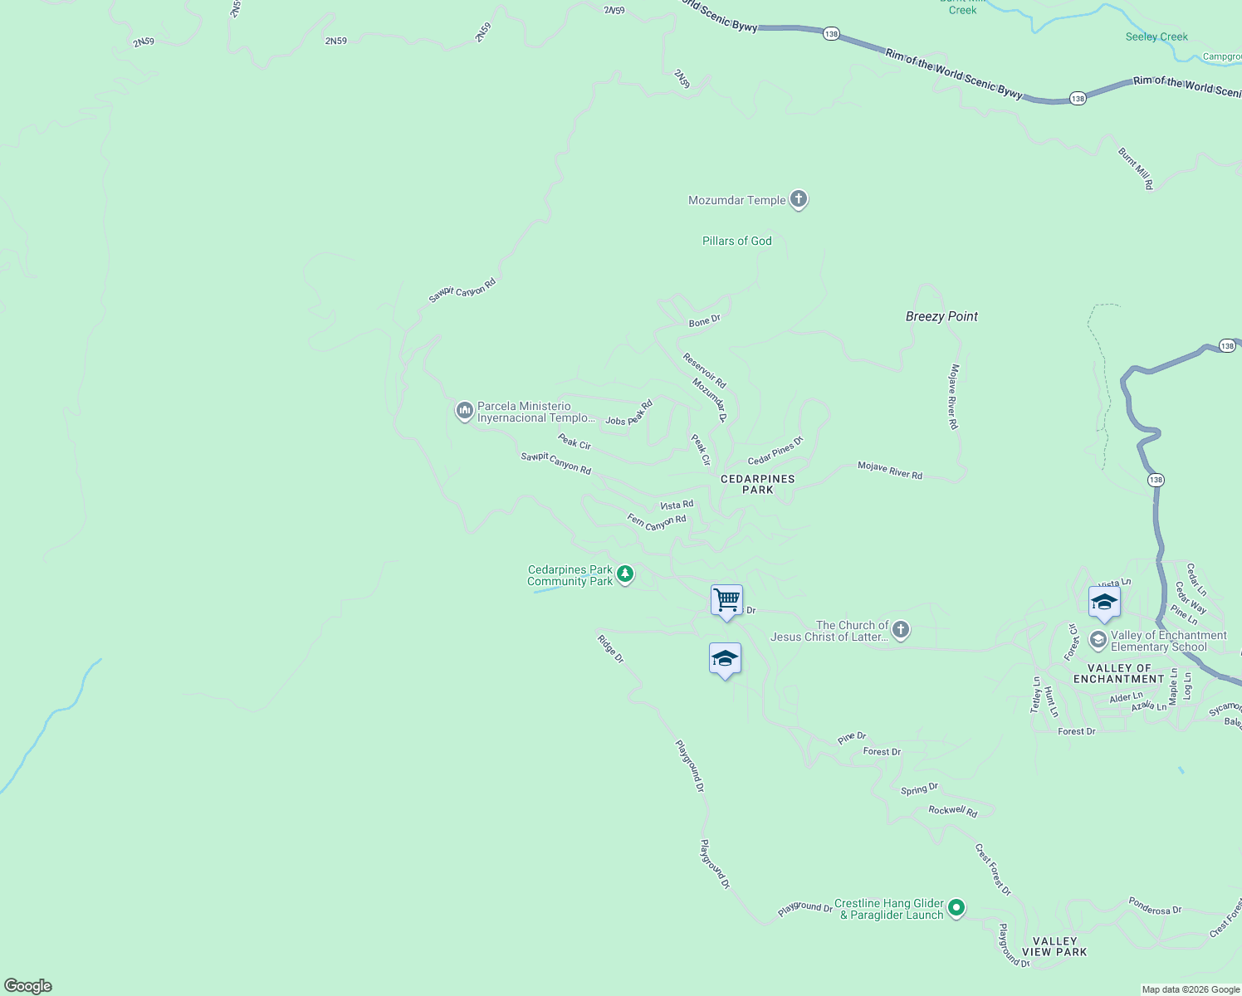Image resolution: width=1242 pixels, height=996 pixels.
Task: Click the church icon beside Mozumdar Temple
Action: [x=798, y=199]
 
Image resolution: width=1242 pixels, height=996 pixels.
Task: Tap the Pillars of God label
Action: [x=736, y=241]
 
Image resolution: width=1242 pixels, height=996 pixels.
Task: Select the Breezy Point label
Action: [x=941, y=316]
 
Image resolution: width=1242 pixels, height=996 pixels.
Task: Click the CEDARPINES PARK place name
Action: [x=757, y=484]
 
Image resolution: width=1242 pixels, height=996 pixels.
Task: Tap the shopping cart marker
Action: [x=726, y=599]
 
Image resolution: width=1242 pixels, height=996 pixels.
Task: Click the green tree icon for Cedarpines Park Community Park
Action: [x=625, y=574]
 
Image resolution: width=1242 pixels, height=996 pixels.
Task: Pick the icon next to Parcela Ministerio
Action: [x=464, y=410]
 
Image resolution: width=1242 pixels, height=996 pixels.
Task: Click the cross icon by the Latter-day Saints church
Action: [x=900, y=630]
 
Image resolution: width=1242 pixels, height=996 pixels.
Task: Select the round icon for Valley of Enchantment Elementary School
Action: [x=1098, y=640]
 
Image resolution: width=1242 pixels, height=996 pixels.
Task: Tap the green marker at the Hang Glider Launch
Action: [x=956, y=908]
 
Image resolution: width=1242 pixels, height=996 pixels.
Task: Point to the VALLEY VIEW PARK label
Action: [x=1054, y=947]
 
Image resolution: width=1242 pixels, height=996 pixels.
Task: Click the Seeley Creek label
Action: [x=1156, y=37]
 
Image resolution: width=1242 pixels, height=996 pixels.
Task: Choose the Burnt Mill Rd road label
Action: [x=1135, y=168]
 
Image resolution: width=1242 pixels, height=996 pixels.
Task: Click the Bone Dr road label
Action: [x=704, y=321]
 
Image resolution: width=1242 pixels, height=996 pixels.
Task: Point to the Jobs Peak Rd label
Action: [x=628, y=413]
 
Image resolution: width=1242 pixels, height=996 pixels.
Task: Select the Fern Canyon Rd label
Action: [x=657, y=522]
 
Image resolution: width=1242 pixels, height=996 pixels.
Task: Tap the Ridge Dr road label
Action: [x=610, y=649]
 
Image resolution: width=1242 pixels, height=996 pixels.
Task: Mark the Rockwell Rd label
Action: [x=952, y=811]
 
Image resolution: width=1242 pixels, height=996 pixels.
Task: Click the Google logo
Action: [x=28, y=986]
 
